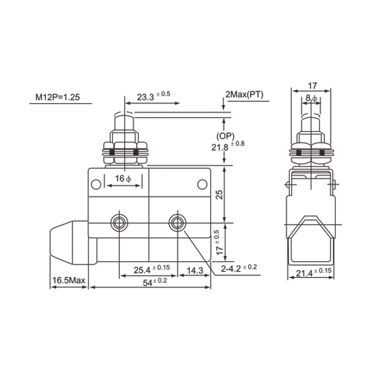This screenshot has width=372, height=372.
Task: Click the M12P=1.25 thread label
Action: coord(58,98)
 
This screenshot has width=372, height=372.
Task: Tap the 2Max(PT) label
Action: coord(245,95)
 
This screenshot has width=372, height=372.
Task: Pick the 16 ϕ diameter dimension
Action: coord(123,179)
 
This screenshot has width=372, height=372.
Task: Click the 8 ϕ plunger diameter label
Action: coord(311,98)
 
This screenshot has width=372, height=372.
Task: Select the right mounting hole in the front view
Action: coord(177,223)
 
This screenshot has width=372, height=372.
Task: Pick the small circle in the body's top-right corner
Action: coord(202,185)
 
